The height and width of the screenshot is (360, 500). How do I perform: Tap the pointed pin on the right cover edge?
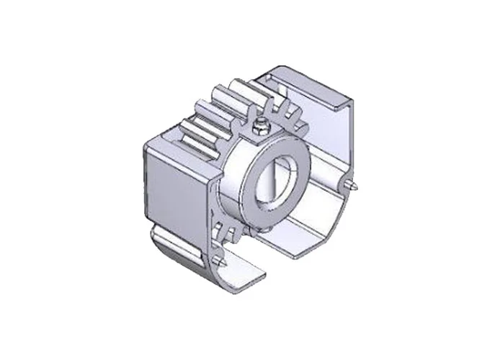[x=354, y=186]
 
